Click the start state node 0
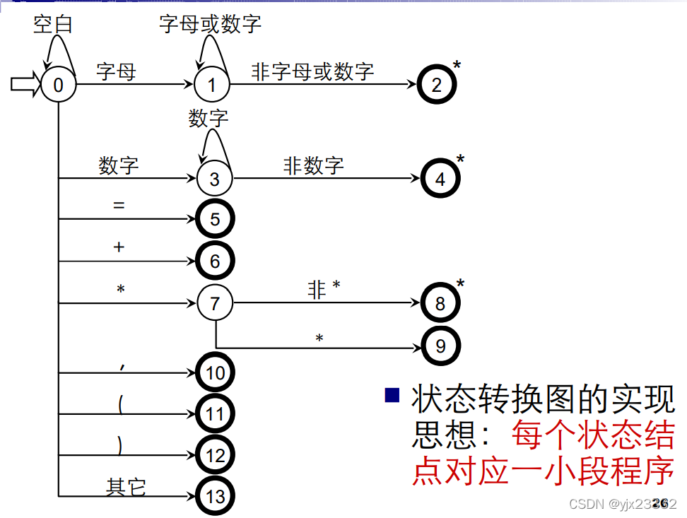(x=58, y=85)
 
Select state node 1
(x=212, y=85)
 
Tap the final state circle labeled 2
(x=437, y=85)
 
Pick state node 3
(x=214, y=178)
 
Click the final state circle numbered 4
(x=440, y=178)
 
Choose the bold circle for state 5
(x=215, y=219)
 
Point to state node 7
(x=215, y=304)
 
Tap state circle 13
(x=215, y=496)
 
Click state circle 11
(x=215, y=413)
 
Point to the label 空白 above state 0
(x=53, y=25)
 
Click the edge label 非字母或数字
(x=312, y=71)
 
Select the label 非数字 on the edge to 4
(x=313, y=165)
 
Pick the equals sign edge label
(x=119, y=206)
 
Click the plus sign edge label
(x=119, y=247)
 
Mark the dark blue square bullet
(x=392, y=394)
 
